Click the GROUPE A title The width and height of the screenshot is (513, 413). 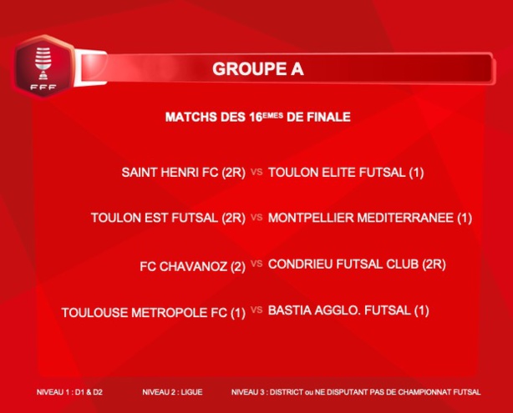[257, 68]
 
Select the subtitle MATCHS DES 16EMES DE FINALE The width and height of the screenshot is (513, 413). [257, 118]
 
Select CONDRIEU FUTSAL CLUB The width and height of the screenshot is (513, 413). [343, 264]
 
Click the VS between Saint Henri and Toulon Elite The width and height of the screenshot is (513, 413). [256, 173]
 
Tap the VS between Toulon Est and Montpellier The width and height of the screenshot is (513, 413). [256, 218]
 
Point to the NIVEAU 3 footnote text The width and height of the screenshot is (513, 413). [356, 391]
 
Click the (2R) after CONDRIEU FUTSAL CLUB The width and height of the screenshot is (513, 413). [433, 264]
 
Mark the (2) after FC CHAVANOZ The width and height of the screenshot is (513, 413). [237, 266]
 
